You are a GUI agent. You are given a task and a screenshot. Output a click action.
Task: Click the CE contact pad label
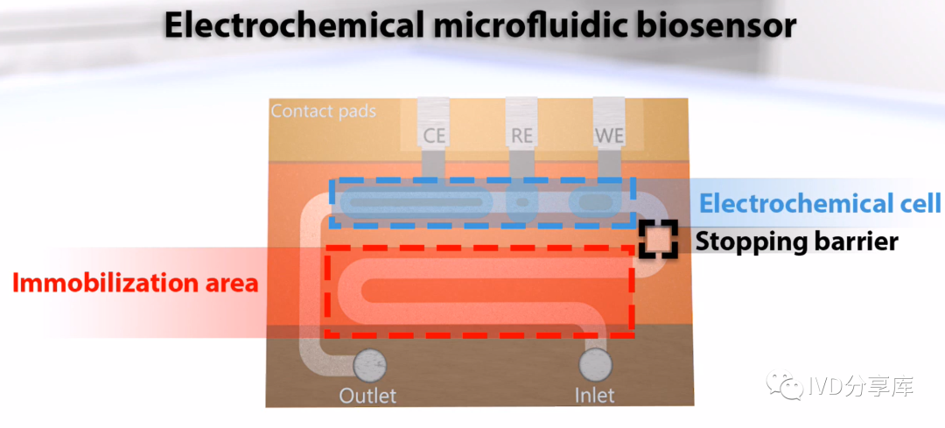434,136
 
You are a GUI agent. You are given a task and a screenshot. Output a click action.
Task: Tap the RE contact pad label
521,136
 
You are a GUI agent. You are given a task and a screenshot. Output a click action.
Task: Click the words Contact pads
323,111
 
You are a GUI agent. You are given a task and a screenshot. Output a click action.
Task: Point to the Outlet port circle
368,361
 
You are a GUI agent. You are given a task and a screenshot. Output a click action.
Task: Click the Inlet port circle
595,361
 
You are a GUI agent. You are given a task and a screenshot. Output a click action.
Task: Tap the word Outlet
367,396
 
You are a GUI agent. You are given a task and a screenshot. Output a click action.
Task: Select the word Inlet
594,396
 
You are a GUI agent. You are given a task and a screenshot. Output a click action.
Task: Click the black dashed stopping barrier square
658,238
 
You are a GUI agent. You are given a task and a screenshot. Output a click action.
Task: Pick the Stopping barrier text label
796,241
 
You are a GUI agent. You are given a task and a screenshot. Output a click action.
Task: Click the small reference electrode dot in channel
521,203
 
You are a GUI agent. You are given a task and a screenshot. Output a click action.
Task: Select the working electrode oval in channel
595,203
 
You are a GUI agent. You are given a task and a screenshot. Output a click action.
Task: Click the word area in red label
232,283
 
